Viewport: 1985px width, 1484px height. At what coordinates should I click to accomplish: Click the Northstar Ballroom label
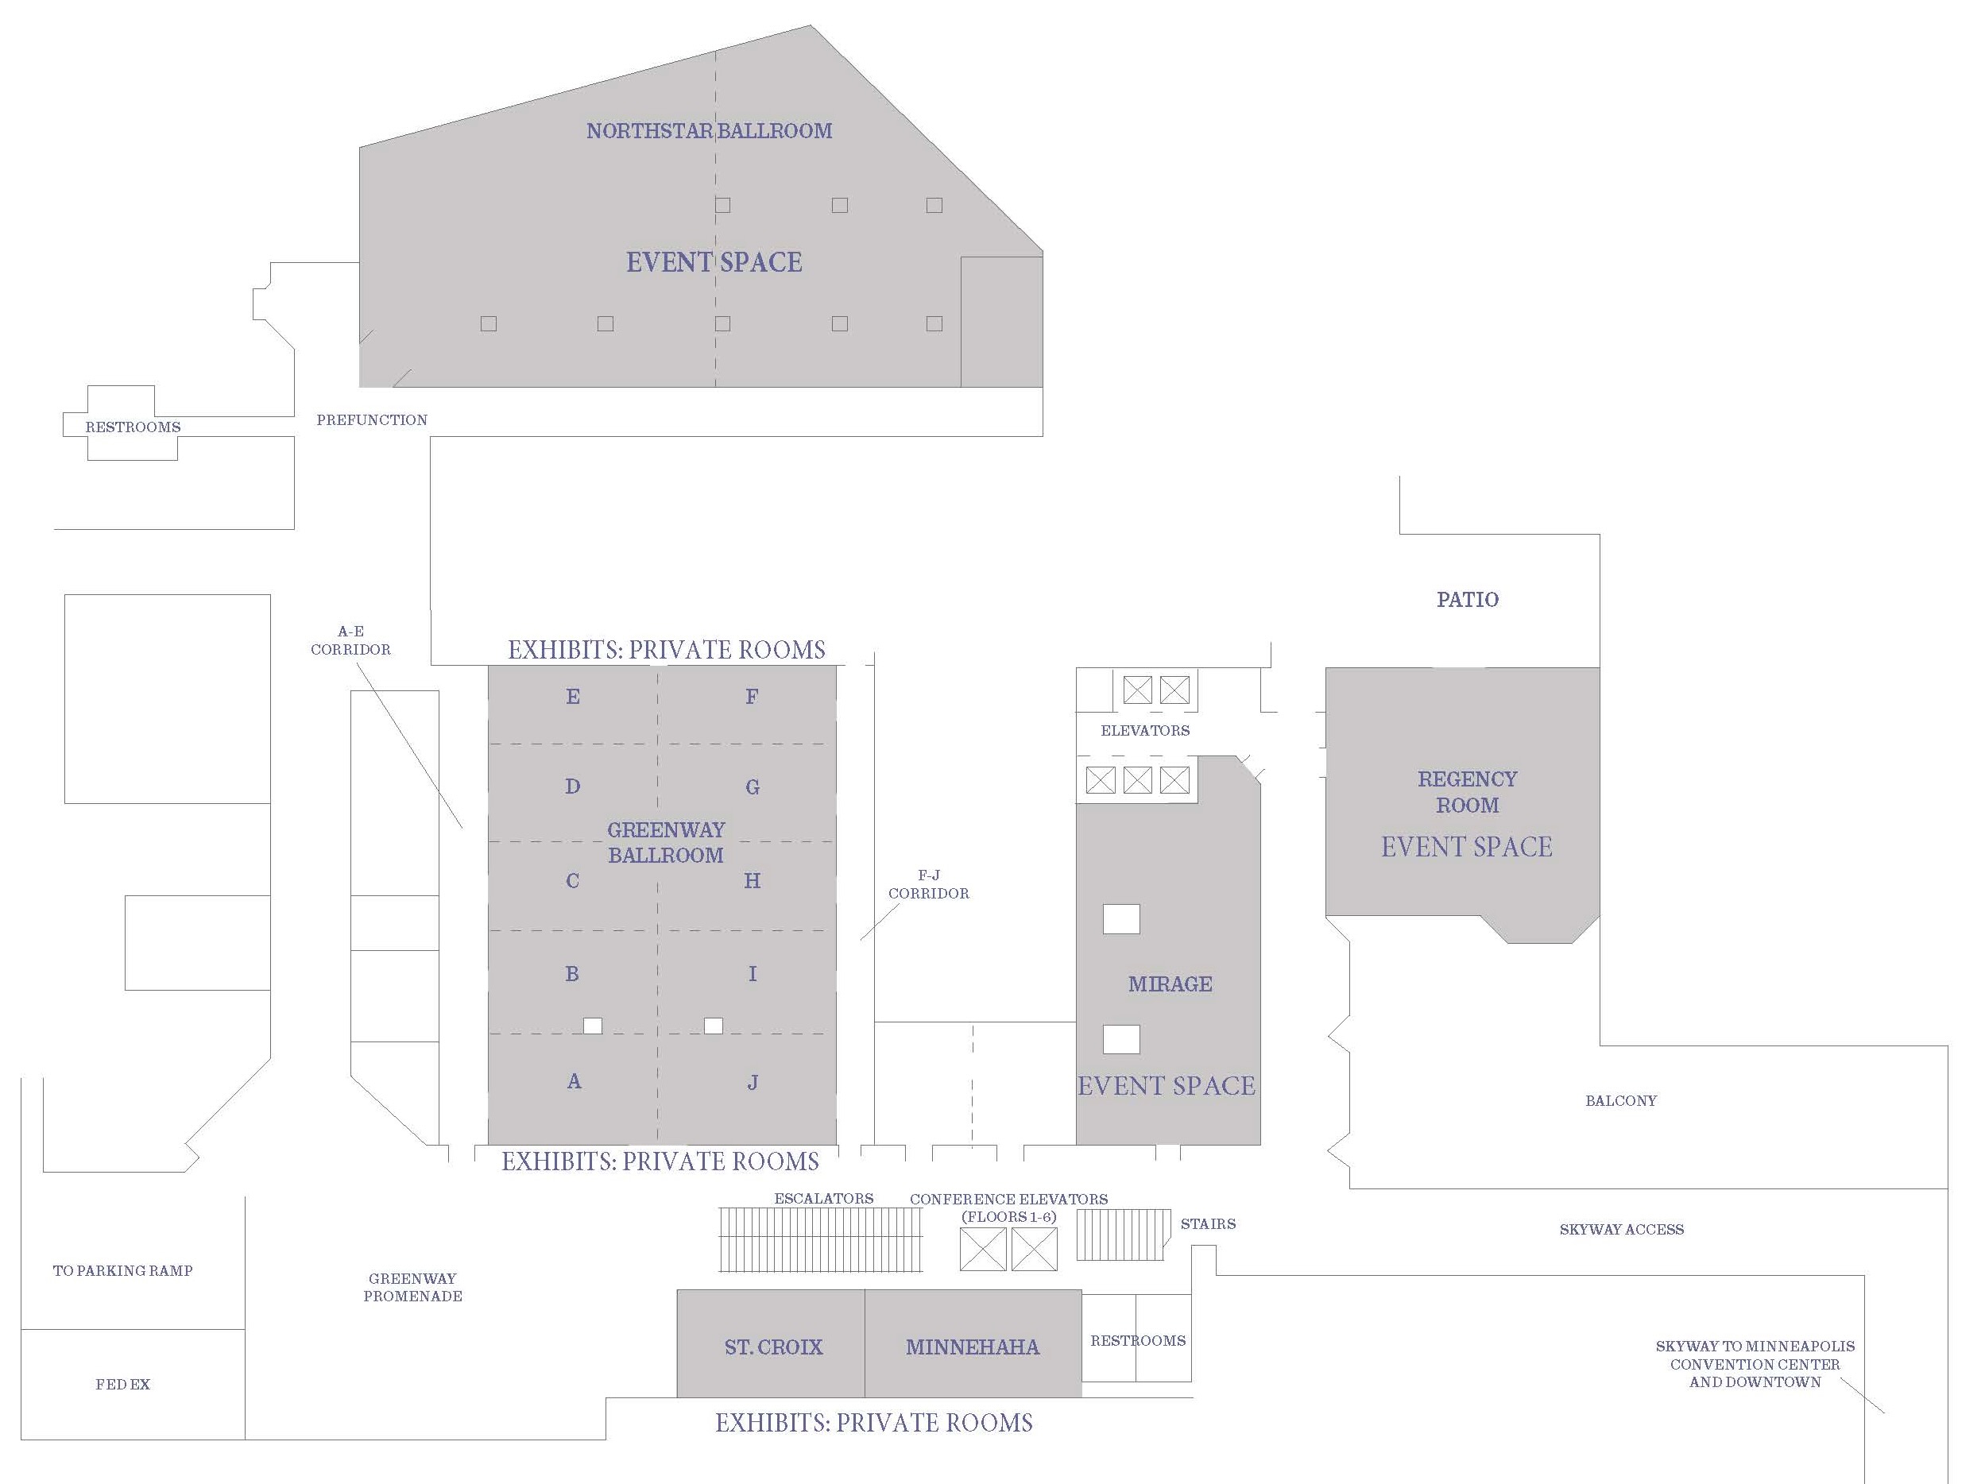click(709, 131)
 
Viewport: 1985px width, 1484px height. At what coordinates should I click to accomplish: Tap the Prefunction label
click(372, 420)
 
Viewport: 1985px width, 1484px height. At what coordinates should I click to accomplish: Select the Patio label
click(1467, 599)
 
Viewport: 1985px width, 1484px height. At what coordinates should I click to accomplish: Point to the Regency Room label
click(1467, 791)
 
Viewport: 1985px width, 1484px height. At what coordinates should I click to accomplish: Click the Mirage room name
click(1170, 984)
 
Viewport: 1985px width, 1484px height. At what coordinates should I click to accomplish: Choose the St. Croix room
click(773, 1347)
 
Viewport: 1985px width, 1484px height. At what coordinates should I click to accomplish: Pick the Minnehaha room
click(973, 1347)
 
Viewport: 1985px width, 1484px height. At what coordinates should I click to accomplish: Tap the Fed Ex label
click(123, 1385)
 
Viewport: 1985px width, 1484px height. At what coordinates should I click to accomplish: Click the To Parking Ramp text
click(123, 1270)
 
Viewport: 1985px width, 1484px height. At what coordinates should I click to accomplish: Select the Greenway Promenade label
click(412, 1288)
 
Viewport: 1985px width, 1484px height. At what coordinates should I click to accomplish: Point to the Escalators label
click(824, 1199)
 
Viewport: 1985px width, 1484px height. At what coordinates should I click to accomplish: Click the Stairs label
click(1208, 1223)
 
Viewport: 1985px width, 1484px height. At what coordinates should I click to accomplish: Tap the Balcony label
click(1621, 1101)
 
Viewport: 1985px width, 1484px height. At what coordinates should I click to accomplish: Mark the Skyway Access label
click(1622, 1229)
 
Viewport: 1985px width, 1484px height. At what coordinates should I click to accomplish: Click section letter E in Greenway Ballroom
click(572, 696)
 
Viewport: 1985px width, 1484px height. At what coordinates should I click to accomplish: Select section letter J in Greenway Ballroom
click(752, 1083)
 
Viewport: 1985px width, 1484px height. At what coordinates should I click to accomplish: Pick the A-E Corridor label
click(351, 640)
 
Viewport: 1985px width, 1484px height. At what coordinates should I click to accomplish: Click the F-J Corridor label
click(929, 883)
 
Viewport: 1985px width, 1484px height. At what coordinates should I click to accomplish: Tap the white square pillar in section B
click(592, 1026)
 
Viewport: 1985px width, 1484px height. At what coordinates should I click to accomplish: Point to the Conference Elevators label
click(1008, 1208)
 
